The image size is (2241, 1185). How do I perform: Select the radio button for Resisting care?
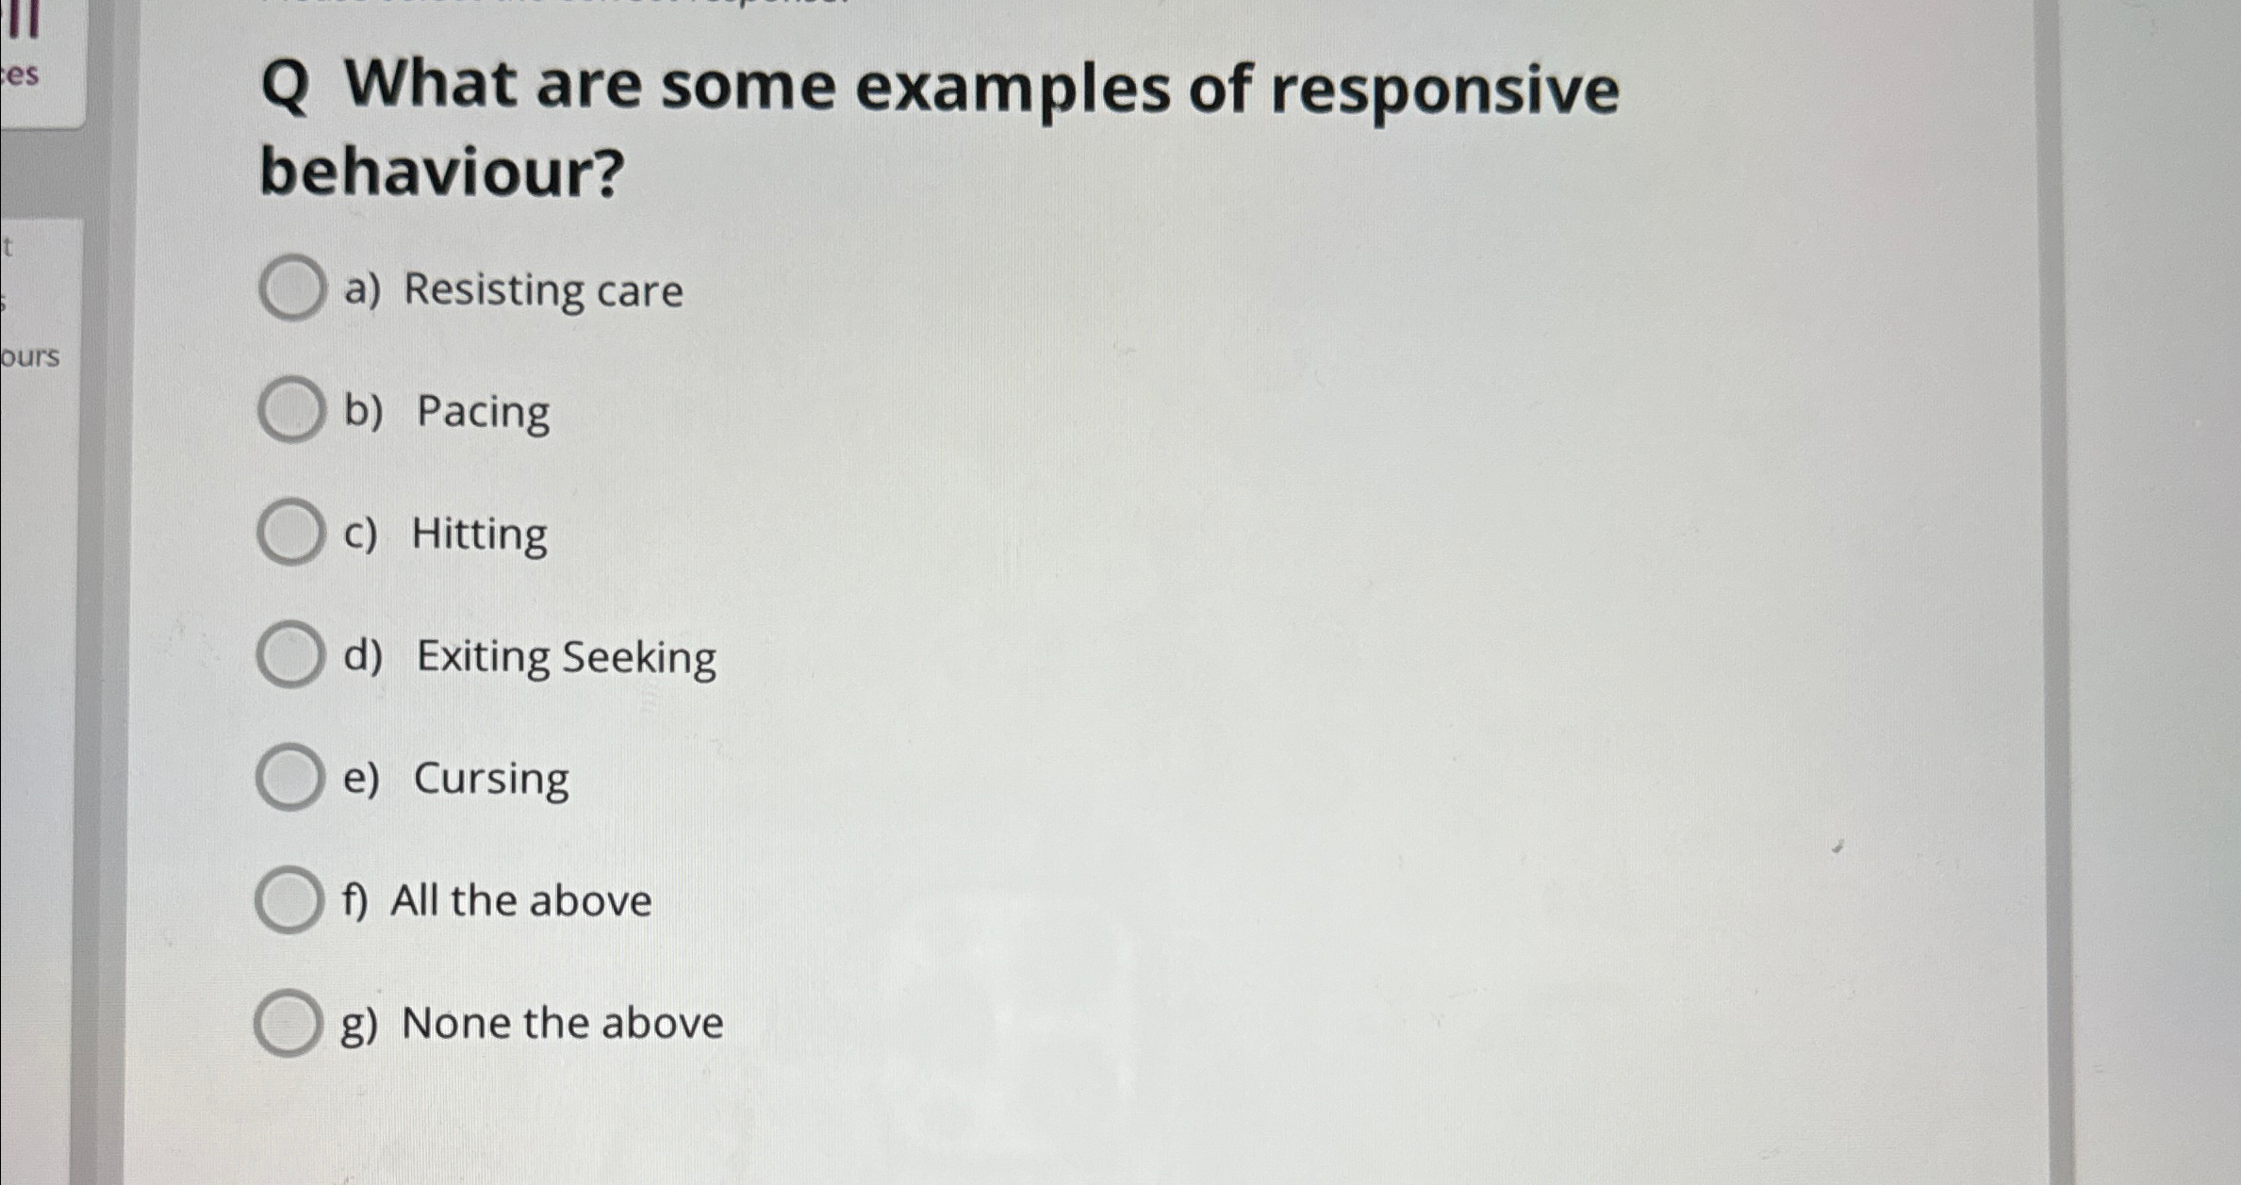pos(291,288)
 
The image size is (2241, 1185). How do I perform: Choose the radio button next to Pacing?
pos(290,410)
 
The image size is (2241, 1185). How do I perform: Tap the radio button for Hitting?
pos(289,533)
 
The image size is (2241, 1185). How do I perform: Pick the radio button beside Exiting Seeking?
pos(288,654)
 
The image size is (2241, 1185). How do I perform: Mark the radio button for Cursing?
pos(288,777)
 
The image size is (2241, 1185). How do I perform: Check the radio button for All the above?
pos(288,900)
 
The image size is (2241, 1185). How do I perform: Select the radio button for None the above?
pos(287,1023)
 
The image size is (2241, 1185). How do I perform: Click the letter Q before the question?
pos(285,87)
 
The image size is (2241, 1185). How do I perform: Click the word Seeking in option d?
pos(639,656)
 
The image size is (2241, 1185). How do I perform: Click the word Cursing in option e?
pos(491,780)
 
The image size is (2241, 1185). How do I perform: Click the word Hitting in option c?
pos(479,535)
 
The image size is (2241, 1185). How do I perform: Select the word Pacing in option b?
pos(483,413)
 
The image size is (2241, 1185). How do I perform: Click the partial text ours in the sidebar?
pos(30,356)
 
